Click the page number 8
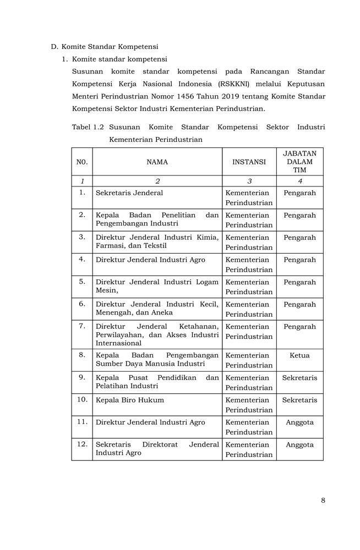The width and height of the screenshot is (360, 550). tap(323, 500)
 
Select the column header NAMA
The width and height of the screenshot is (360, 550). tap(157, 162)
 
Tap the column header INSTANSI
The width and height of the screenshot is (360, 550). tap(249, 162)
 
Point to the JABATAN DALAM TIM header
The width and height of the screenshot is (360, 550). tap(299, 162)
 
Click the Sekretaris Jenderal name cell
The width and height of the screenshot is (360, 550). tap(129, 193)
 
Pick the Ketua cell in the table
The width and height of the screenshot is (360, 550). tap(299, 355)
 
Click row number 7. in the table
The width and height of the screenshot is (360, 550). tap(82, 326)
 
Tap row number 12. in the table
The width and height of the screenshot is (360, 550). tap(82, 444)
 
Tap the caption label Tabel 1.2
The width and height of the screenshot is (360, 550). tap(88, 127)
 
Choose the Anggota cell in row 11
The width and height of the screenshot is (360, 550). tap(299, 422)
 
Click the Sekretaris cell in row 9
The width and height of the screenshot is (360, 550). tap(299, 378)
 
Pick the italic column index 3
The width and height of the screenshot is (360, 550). tap(249, 181)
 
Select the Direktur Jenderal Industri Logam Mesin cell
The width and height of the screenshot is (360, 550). tap(157, 287)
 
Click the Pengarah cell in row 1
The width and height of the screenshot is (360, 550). tap(299, 193)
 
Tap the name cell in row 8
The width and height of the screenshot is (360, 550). tap(157, 360)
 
